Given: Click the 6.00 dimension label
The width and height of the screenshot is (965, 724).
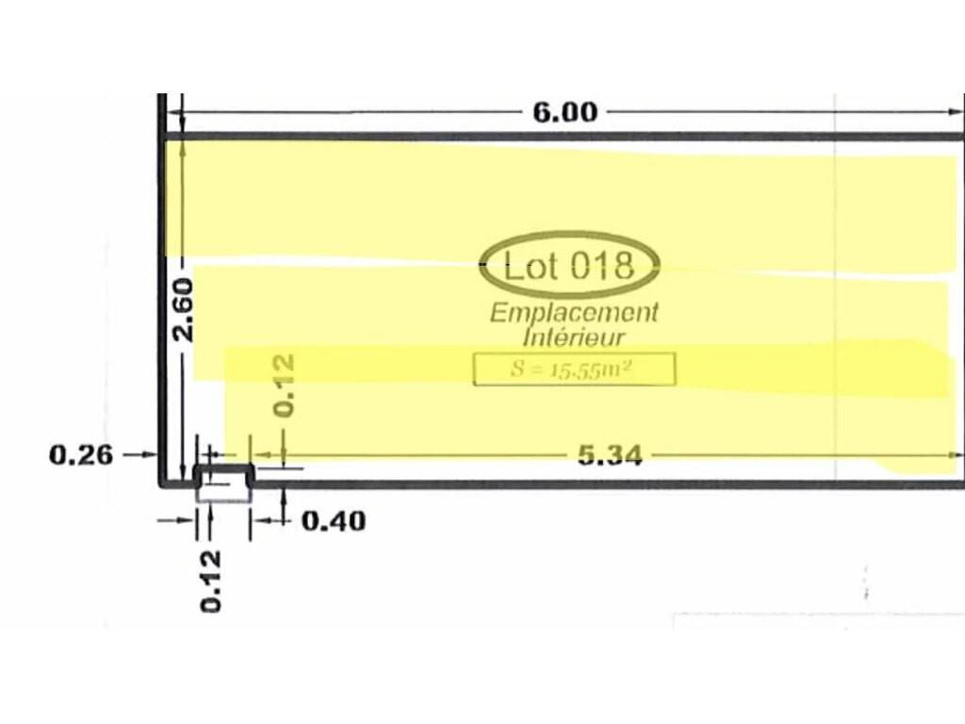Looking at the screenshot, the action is tap(565, 112).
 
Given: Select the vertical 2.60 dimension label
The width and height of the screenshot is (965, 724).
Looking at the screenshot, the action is tap(184, 310).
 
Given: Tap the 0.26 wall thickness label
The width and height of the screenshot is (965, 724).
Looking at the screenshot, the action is tap(81, 455).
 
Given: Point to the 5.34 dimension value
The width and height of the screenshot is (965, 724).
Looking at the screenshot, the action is tap(610, 455).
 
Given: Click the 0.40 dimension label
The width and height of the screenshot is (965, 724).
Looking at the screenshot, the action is tap(334, 520).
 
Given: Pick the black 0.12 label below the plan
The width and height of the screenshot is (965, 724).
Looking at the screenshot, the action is tap(210, 581).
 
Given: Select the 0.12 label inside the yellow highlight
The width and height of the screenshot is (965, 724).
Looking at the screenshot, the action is tap(284, 386).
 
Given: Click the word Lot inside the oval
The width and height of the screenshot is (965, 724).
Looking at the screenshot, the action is tap(532, 266).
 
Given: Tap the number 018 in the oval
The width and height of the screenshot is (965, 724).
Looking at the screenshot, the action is tap(601, 266).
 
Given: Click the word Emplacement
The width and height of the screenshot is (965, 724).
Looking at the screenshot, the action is tap(574, 312).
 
